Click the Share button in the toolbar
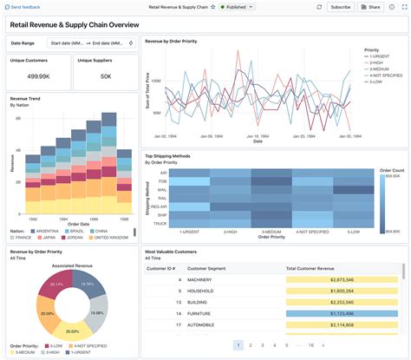pos(370,6)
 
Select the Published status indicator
pos(236,6)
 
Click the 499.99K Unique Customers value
pos(37,75)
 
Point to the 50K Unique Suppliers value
pos(105,75)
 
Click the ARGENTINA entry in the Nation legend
pos(49,232)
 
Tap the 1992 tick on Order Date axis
pos(32,219)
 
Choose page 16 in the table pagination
pos(311,344)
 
